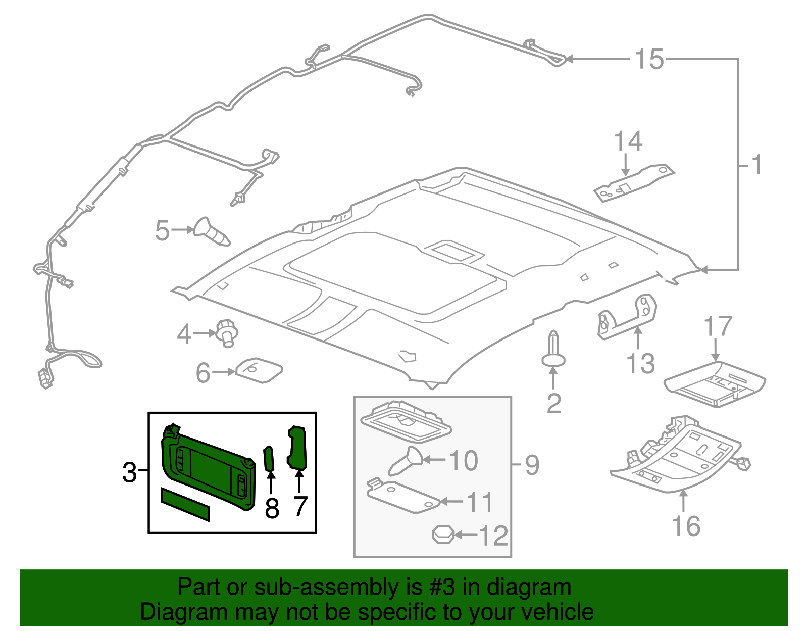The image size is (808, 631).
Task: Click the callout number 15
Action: [x=649, y=60]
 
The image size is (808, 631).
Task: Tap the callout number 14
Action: [x=628, y=142]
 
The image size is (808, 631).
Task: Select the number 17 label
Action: [x=718, y=327]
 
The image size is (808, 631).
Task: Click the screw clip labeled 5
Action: [x=212, y=233]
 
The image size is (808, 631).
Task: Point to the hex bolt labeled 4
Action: [x=227, y=333]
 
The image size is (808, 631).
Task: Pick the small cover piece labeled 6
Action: [x=259, y=371]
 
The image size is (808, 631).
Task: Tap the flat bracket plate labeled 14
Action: [x=633, y=182]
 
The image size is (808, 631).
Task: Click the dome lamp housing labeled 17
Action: [x=714, y=384]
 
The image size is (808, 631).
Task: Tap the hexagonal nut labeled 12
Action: [x=443, y=535]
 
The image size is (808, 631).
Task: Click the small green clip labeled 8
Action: [x=270, y=458]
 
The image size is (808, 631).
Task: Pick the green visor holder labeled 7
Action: [x=297, y=448]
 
